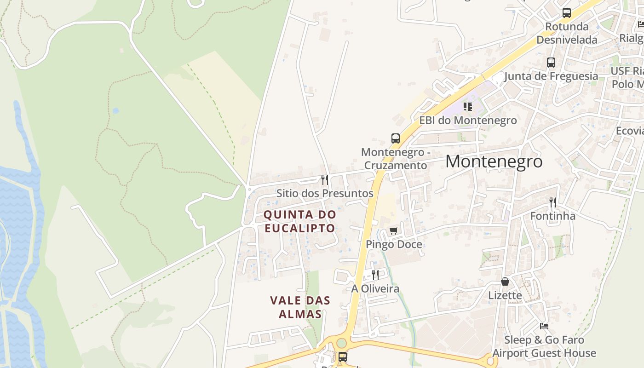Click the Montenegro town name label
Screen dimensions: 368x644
point(494,161)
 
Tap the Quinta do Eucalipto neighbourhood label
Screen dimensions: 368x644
point(299,221)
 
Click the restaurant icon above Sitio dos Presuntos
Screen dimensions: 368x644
point(325,179)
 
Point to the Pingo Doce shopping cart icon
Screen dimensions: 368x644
point(393,230)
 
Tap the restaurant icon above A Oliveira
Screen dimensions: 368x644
point(375,275)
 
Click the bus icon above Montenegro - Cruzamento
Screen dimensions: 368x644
point(395,138)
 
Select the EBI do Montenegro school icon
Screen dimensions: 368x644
point(468,107)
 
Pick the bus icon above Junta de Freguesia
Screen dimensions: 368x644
point(551,63)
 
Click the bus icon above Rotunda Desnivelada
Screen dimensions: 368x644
point(566,13)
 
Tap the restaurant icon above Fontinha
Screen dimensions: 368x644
point(553,202)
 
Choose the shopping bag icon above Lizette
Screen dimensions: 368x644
point(505,282)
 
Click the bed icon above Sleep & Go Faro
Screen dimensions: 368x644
point(544,326)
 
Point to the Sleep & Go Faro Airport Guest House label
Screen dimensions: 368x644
point(544,347)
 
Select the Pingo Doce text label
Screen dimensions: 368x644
point(394,244)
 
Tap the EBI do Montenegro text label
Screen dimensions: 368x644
point(468,121)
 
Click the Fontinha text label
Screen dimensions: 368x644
point(552,216)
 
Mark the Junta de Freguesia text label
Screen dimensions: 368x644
point(551,76)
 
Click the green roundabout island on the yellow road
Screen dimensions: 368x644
point(341,343)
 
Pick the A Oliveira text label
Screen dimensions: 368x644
point(375,289)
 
